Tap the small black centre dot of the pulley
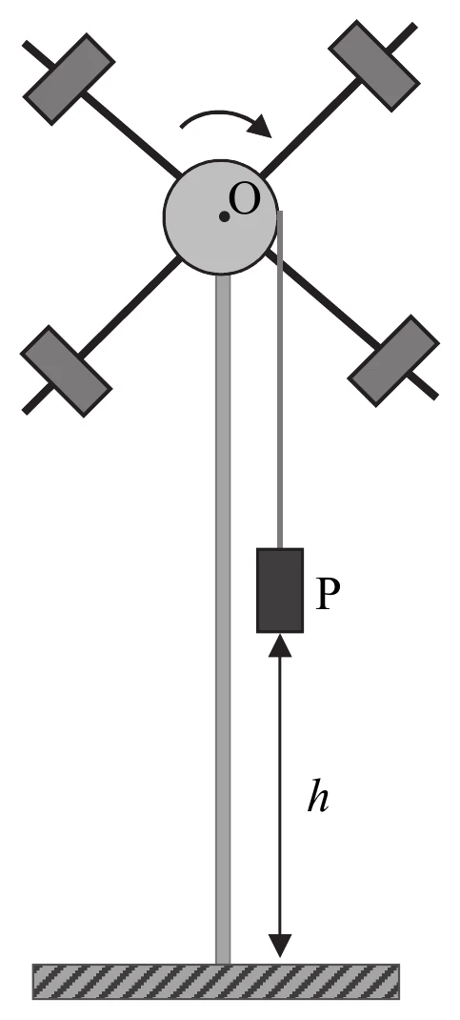224,217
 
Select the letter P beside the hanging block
328,595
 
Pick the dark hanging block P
280,590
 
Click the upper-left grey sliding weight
69,79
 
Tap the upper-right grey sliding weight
373,66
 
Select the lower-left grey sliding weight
67,371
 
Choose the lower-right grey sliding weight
393,361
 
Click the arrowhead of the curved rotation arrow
262,126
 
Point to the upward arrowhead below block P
280,644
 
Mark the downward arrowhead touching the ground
280,946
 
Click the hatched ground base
216,981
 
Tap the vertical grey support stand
223,619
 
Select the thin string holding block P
280,379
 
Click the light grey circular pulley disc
222,217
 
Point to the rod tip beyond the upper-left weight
26,44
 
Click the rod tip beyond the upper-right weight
414,26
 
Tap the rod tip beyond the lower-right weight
435,395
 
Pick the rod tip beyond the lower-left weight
26,411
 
